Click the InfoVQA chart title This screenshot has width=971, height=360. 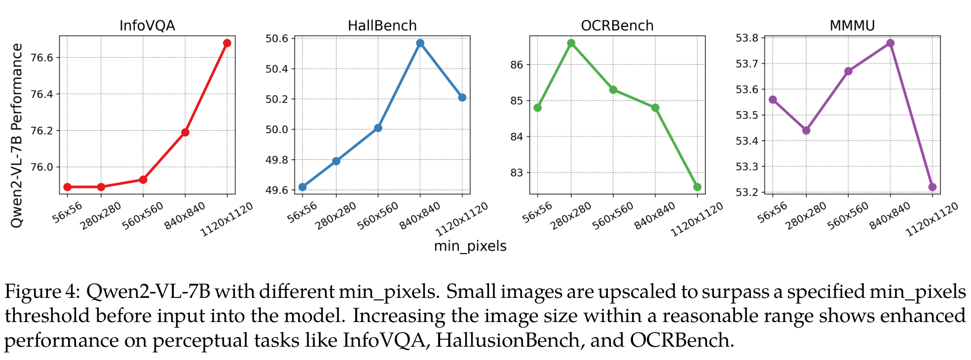[147, 26]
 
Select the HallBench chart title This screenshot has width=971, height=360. [382, 26]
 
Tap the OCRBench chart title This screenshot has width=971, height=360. [617, 26]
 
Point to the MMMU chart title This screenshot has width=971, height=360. [852, 26]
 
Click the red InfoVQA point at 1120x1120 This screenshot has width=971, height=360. [227, 43]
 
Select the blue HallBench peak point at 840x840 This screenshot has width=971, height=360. [420, 43]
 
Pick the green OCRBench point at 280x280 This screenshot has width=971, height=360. [571, 43]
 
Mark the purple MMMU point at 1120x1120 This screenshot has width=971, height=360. [932, 187]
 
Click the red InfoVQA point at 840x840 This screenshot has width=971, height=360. [185, 132]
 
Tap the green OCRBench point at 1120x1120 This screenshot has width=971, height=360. [697, 187]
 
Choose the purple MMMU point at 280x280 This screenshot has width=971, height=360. [806, 130]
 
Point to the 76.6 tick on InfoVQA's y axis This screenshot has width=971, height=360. [41, 58]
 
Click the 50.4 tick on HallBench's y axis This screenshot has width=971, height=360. [276, 69]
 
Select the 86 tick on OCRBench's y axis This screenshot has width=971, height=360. [517, 65]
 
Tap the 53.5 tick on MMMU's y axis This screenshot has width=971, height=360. [747, 115]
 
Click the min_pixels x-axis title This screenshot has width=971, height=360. [470, 246]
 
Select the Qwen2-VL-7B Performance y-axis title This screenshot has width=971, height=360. [17, 136]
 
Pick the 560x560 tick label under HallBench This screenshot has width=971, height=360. [377, 216]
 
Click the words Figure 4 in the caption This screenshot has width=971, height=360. [41, 292]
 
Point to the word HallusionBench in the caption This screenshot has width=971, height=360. [508, 340]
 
